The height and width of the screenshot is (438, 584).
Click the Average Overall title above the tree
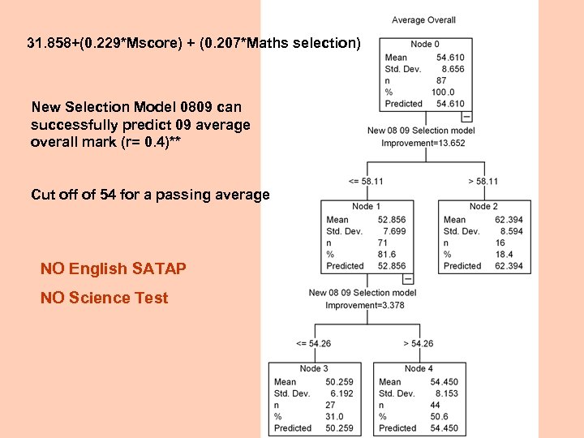(x=423, y=20)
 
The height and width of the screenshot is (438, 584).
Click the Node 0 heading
(x=425, y=44)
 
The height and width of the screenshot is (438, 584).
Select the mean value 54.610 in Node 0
(x=450, y=58)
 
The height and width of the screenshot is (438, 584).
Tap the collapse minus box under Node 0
(x=466, y=116)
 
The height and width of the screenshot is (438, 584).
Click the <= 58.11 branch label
(x=365, y=181)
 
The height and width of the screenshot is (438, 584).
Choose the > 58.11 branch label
(x=483, y=181)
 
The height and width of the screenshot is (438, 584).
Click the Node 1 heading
(x=367, y=207)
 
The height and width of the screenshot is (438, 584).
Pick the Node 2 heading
(x=483, y=207)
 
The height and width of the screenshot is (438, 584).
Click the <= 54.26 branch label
(x=314, y=343)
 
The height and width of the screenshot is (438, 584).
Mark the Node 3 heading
(x=314, y=369)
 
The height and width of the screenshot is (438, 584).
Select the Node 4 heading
(x=419, y=369)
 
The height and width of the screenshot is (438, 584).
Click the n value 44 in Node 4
(x=436, y=405)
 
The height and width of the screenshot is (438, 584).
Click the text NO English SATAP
(x=114, y=268)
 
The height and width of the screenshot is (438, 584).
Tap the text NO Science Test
(x=105, y=298)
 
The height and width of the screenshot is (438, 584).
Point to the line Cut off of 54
(x=150, y=195)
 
